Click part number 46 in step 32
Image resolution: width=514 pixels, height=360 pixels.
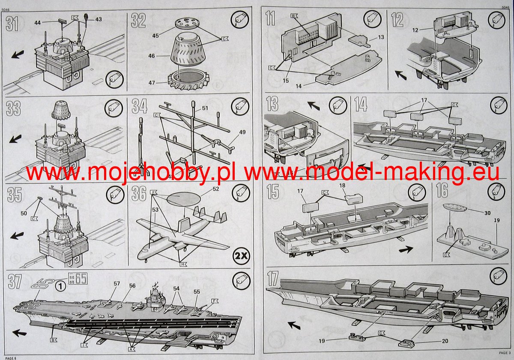click(152, 56)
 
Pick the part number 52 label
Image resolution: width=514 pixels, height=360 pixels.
click(215, 189)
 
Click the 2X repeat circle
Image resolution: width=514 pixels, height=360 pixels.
click(240, 257)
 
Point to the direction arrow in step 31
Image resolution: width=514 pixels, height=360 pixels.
click(18, 54)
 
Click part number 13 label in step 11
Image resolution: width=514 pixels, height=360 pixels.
click(381, 38)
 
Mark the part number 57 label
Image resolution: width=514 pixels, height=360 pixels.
click(117, 284)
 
